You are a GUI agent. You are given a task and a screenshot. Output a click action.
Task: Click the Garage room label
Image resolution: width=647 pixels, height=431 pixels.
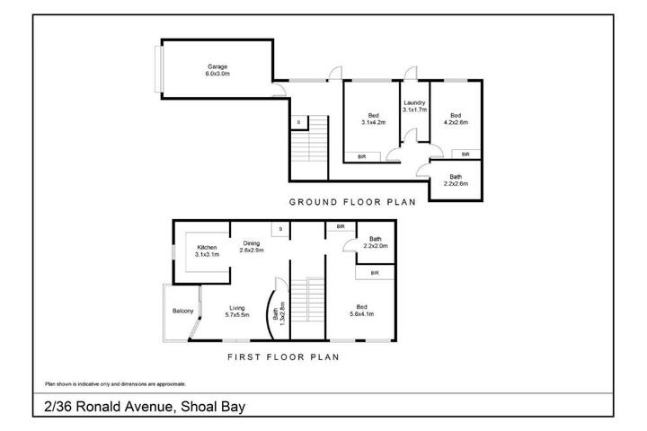tap(217, 66)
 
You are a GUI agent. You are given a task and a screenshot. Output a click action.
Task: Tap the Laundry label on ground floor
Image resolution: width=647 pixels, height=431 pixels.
tap(414, 102)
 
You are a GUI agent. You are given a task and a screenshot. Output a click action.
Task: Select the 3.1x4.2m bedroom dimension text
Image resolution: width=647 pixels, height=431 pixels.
tap(374, 122)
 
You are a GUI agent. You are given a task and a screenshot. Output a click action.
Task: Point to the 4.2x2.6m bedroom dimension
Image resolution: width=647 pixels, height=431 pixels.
tap(456, 122)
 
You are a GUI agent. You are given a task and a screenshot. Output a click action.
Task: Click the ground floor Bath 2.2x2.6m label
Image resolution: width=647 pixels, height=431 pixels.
tap(456, 180)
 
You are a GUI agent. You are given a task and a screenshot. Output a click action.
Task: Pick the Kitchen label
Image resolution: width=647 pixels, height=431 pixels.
tap(208, 248)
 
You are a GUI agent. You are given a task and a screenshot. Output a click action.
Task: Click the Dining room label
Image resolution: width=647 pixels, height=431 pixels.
tap(252, 243)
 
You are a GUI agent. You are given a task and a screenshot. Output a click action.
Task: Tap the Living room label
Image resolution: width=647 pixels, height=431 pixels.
tap(237, 308)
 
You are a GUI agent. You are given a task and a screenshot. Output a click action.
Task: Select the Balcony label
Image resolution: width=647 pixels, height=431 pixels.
tap(182, 311)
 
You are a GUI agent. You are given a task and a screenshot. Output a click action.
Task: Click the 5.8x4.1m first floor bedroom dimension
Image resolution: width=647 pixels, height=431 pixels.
tap(362, 314)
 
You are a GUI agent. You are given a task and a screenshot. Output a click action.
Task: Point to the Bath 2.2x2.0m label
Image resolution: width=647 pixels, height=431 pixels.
tap(376, 242)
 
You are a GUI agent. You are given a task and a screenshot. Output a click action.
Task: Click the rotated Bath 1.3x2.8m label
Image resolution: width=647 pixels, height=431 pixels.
tap(279, 314)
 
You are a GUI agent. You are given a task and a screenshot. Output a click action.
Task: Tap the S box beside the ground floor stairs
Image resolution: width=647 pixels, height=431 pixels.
tap(299, 122)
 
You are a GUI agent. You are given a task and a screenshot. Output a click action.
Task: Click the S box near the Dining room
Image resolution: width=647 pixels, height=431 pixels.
tap(280, 229)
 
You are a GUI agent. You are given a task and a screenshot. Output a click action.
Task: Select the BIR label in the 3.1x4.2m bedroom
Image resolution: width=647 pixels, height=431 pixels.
tap(362, 157)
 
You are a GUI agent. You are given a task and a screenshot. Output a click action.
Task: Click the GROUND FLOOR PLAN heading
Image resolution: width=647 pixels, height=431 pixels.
tap(352, 202)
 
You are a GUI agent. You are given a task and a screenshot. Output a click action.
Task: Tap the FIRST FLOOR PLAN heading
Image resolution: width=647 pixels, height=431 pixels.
tap(283, 357)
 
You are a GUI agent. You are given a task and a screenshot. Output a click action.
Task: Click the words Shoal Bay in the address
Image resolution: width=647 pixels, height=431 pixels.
tap(213, 407)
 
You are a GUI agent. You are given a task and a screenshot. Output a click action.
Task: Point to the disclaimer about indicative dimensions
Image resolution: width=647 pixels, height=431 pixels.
tap(116, 384)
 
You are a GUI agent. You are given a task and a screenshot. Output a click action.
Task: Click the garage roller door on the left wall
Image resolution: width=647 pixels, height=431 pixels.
tap(158, 69)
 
